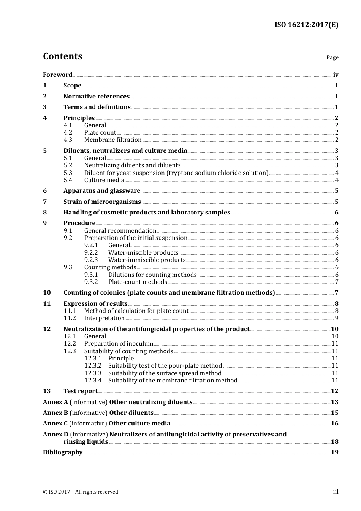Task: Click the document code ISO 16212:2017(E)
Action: point(306,25)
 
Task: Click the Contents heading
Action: point(62,56)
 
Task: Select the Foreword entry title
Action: point(57,75)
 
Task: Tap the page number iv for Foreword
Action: point(336,75)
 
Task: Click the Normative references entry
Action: point(96,96)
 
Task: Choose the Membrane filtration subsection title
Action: point(112,140)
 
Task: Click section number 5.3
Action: point(68,173)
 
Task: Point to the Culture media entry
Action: point(104,180)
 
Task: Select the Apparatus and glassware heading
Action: point(101,191)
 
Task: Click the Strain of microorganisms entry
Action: point(102,202)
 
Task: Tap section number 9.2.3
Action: point(91,260)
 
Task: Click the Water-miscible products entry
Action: point(143,253)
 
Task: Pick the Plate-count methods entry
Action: point(138,282)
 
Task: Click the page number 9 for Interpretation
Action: point(337,318)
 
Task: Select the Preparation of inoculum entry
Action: point(119,344)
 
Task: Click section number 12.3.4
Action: point(93,381)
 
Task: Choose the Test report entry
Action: point(80,391)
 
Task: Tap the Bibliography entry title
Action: point(63,452)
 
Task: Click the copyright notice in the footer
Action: point(81,492)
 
